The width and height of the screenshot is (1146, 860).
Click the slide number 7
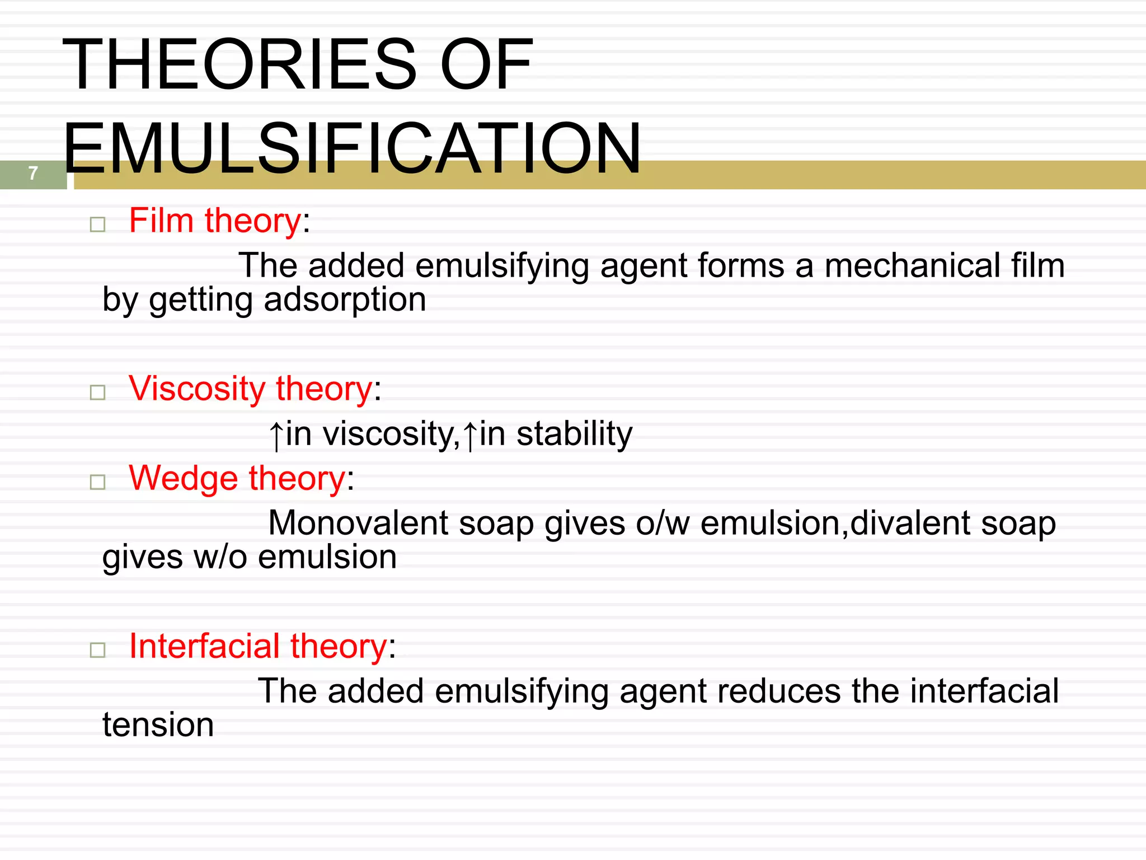tap(33, 173)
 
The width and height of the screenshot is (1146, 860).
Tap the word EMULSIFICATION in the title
tap(352, 148)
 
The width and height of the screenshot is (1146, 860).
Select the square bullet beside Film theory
tap(98, 225)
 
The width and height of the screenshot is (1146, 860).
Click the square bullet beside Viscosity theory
tap(98, 392)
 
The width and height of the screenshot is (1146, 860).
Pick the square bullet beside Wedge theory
tap(98, 482)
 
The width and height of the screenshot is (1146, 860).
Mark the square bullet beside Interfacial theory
tap(98, 650)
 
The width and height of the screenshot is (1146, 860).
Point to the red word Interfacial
tap(204, 646)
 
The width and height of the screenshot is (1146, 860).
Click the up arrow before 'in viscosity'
tap(276, 436)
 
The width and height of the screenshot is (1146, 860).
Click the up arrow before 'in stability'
tap(470, 436)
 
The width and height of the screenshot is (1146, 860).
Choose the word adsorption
tap(345, 300)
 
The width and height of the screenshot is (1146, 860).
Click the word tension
tap(158, 725)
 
